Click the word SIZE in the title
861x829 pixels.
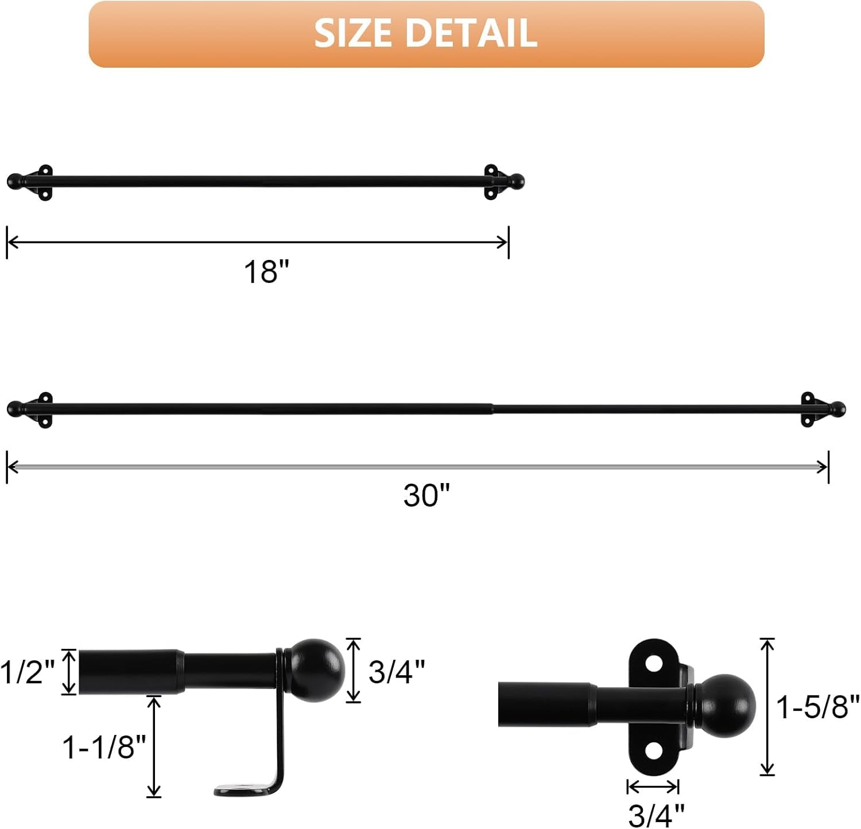[x=354, y=33]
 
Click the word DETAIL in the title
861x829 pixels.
[x=471, y=33]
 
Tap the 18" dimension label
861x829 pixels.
[x=266, y=271]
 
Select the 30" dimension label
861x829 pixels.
[x=426, y=495]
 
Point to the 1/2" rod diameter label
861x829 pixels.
[x=28, y=671]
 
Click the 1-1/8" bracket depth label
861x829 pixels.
[x=104, y=747]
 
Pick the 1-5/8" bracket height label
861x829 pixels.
[x=818, y=706]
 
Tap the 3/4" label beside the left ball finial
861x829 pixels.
[x=397, y=671]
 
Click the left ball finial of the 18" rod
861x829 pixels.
[x=14, y=182]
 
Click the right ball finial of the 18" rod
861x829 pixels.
[x=517, y=181]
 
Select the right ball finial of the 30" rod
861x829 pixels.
[x=838, y=409]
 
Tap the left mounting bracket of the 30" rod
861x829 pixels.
[x=44, y=410]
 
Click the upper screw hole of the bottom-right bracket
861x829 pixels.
[x=654, y=663]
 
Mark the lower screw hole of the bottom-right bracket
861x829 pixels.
[x=654, y=750]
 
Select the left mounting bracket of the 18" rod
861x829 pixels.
[x=44, y=182]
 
